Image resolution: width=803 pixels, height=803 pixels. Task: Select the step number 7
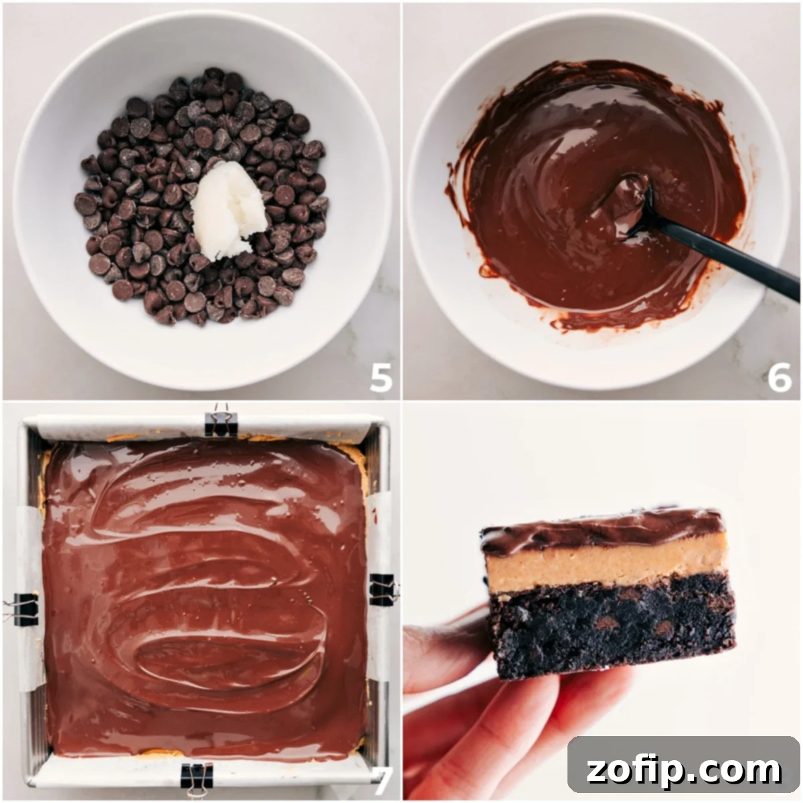click(382, 780)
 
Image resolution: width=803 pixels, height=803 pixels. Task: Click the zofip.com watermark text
click(683, 770)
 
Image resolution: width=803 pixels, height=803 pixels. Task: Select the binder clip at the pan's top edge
click(221, 422)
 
